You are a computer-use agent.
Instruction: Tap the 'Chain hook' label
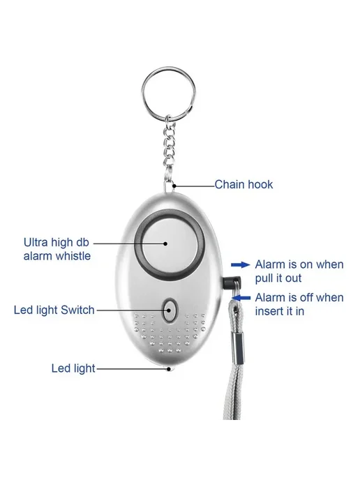243,185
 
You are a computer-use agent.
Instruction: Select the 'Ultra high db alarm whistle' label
57,249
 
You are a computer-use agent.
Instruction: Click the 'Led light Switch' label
54,310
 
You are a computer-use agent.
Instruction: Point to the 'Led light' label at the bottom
73,368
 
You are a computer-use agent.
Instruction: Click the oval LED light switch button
170,310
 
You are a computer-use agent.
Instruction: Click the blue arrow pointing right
240,265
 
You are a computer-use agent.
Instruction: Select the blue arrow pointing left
241,297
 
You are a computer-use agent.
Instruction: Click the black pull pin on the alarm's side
231,283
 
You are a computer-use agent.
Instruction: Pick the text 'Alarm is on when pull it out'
299,271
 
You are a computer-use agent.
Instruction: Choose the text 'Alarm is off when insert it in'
299,304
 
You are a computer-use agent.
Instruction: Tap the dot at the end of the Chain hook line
174,186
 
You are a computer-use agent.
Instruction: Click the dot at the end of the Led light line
169,369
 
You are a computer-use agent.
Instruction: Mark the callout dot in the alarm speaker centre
165,243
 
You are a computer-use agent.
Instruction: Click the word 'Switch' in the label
77,310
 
